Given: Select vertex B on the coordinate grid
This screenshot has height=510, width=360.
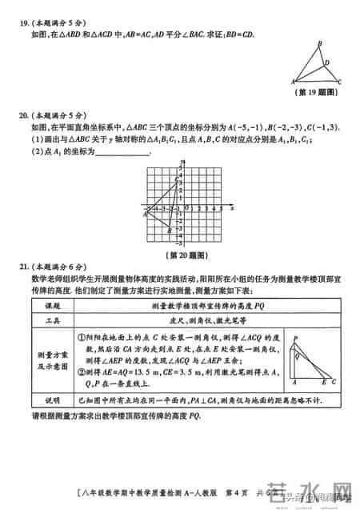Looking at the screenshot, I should coord(170,230).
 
